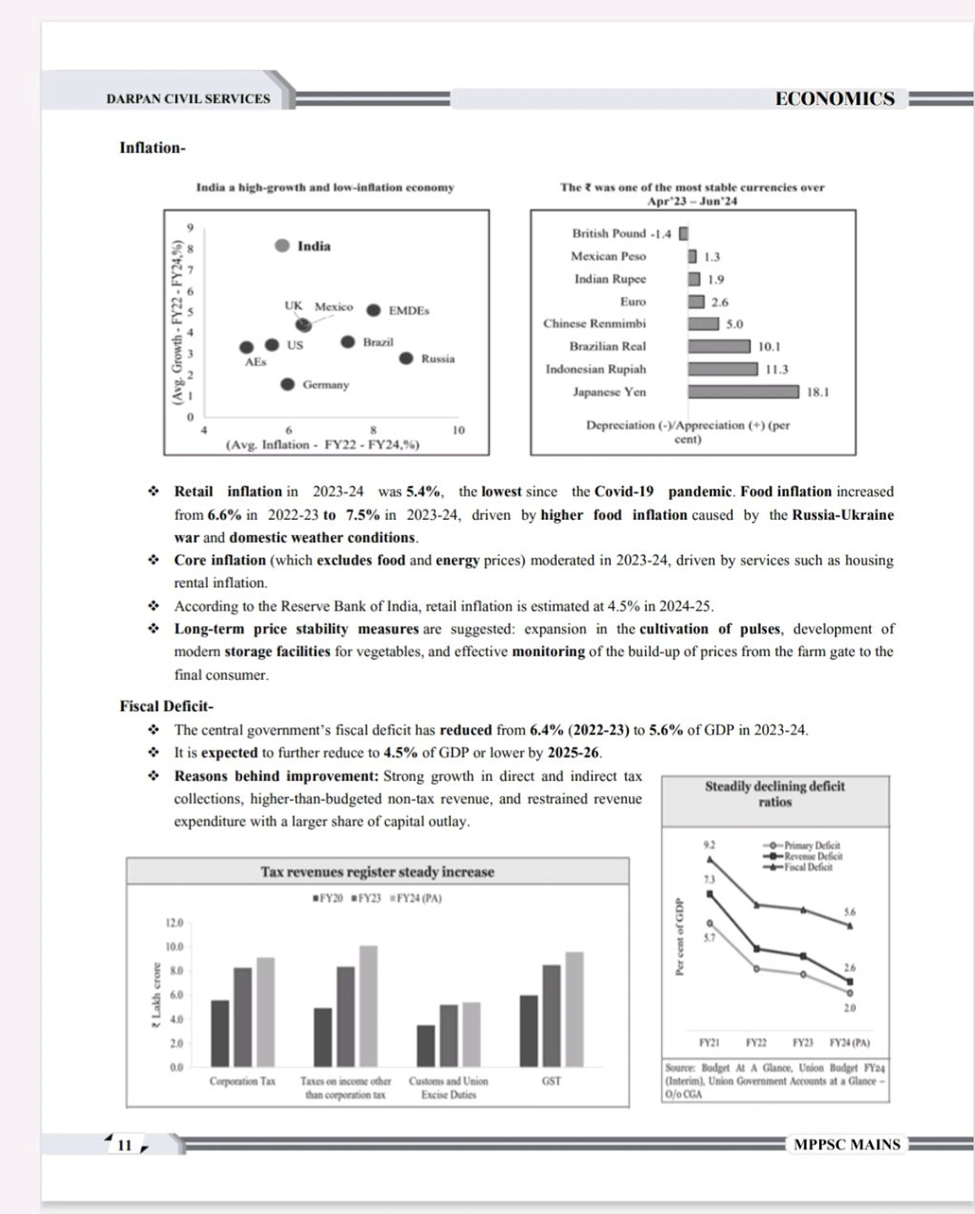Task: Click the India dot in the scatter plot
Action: (282, 246)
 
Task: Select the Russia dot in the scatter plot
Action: (406, 358)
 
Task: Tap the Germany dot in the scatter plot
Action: (288, 384)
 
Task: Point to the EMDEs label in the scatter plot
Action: (409, 311)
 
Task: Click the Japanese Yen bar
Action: (743, 392)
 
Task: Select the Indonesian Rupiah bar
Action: (722, 369)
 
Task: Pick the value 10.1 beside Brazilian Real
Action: (769, 346)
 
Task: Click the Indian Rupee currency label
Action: (609, 279)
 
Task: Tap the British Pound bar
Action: (683, 233)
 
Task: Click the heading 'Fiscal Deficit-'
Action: (167, 706)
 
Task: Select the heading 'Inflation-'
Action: (152, 147)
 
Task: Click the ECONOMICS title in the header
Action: (834, 98)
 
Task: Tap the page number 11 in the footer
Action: (124, 1145)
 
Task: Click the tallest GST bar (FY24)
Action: (574, 1009)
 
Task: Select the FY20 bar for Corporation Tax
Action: (220, 1033)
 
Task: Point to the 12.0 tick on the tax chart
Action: (174, 923)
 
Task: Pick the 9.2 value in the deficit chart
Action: (709, 845)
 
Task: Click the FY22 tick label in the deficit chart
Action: (756, 1042)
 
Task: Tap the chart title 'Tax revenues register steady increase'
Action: (377, 872)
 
